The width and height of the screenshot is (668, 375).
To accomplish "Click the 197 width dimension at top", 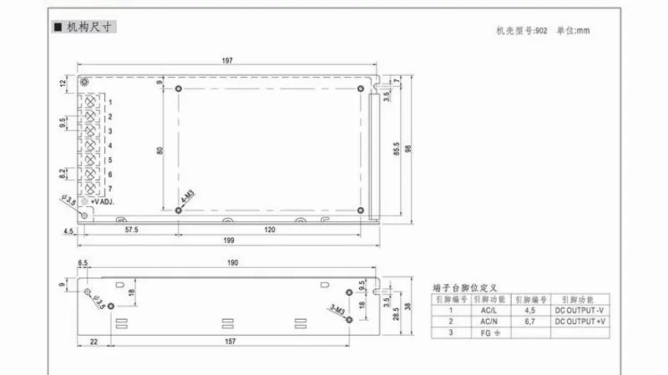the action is (226, 59).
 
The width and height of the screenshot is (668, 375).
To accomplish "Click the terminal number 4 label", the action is (110, 145).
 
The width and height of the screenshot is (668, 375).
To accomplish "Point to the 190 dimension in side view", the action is (232, 263).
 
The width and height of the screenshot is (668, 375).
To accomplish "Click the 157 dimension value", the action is (227, 341).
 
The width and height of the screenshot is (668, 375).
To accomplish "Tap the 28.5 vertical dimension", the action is (397, 308).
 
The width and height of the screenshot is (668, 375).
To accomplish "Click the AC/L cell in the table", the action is (487, 309).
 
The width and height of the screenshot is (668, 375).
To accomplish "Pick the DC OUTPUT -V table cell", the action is (578, 309).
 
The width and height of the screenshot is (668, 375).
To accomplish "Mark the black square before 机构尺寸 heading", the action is (57, 28).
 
